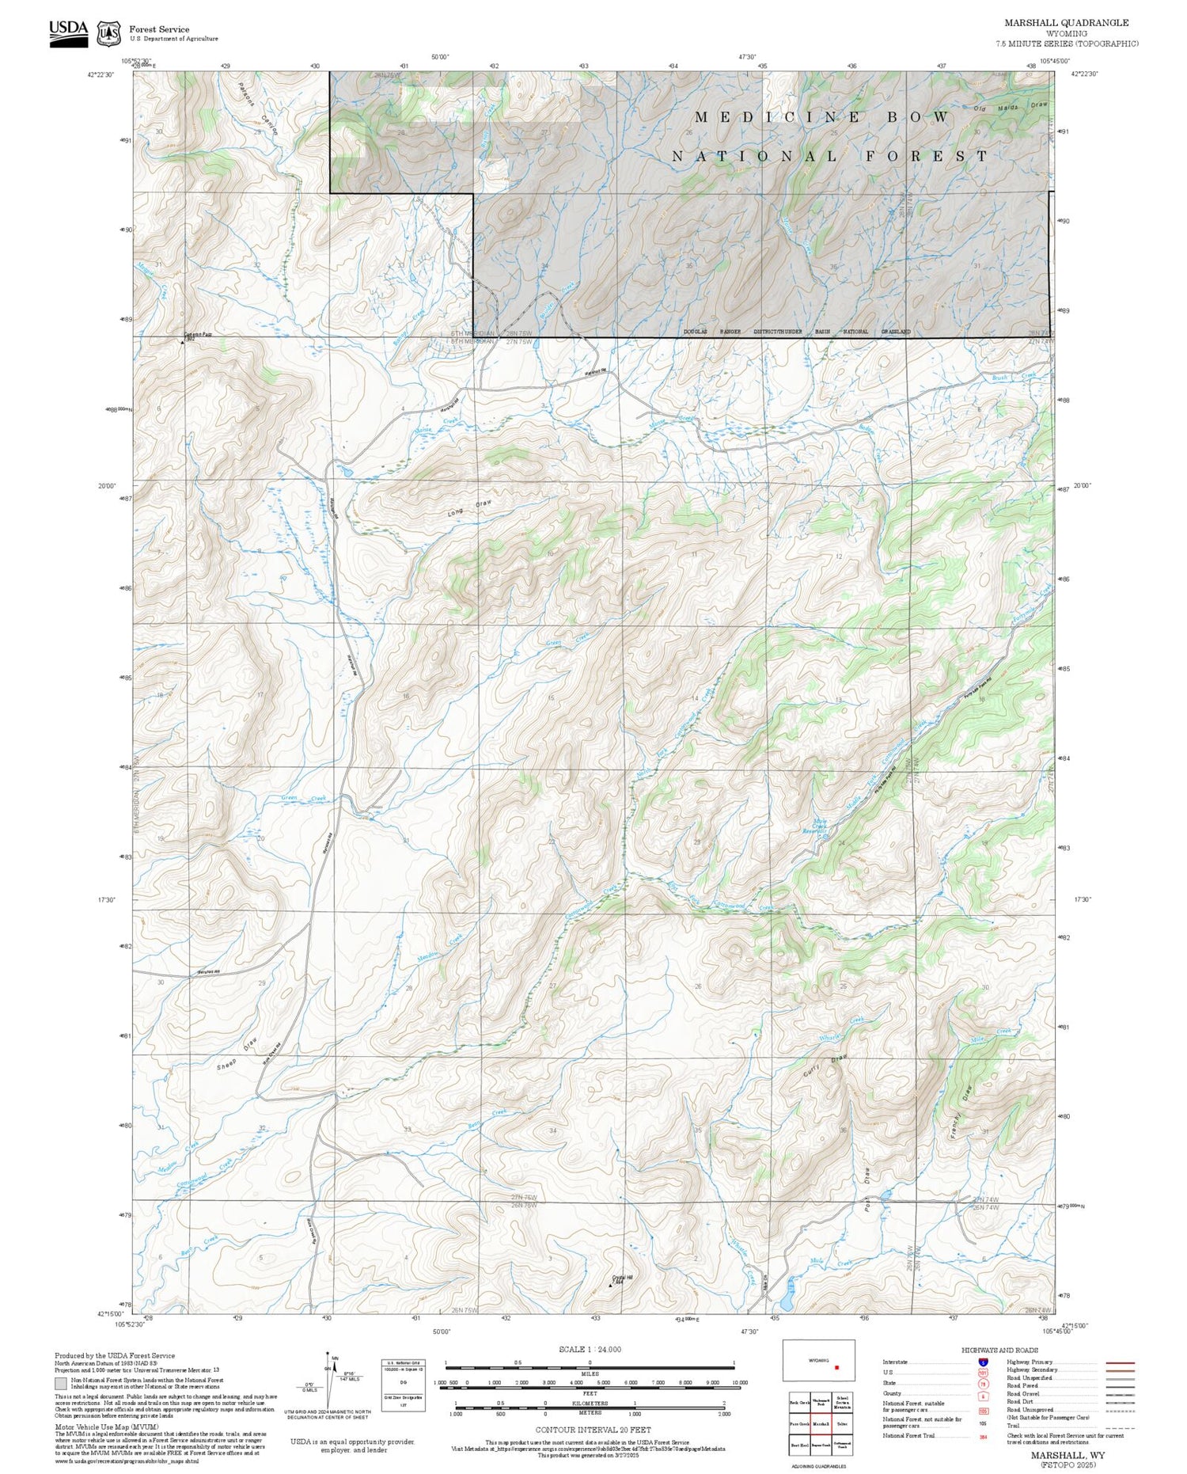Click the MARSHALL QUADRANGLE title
point(1067,23)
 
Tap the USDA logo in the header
point(68,32)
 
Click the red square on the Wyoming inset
point(836,1366)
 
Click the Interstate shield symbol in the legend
point(983,1362)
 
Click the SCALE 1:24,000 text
point(590,1349)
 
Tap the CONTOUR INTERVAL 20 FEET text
point(593,1430)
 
